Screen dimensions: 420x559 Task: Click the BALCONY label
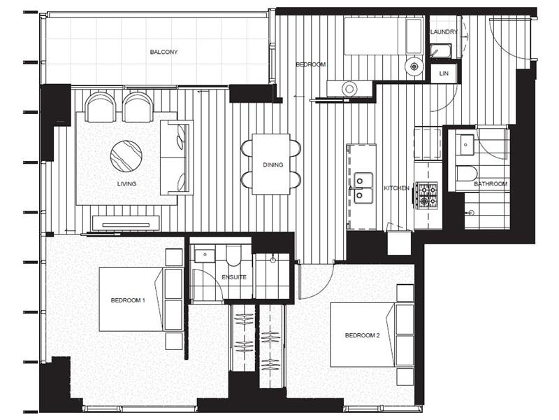(x=164, y=52)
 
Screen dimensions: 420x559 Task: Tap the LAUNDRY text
(x=444, y=31)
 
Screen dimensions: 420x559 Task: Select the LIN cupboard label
(x=444, y=73)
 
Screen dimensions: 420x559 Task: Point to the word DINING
(x=273, y=165)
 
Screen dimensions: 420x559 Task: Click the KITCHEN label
(x=396, y=188)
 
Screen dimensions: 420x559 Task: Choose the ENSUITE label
(x=234, y=277)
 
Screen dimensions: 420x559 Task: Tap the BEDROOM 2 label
(x=362, y=335)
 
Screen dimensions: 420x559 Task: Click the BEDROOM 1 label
(x=128, y=300)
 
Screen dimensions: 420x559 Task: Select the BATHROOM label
(x=490, y=183)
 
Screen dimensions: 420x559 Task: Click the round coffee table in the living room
(x=126, y=155)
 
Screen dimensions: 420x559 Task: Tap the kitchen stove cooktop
(x=426, y=194)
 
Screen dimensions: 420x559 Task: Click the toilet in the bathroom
(x=466, y=174)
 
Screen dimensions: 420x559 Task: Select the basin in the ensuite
(x=204, y=255)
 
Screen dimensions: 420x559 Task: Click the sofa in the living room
(x=175, y=157)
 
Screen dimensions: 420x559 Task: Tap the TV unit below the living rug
(x=126, y=223)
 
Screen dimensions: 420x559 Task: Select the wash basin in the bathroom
(x=466, y=143)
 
